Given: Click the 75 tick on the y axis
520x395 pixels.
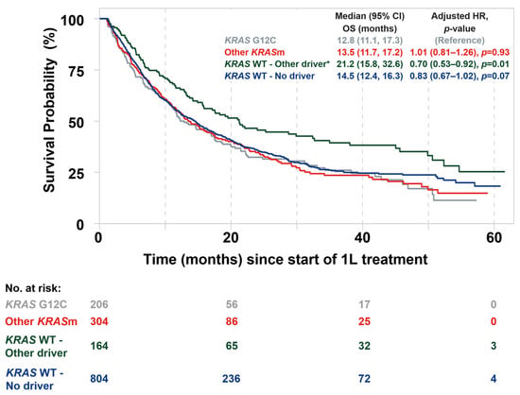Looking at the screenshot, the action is coord(76,71).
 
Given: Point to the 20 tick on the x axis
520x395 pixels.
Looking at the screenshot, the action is coord(231,238).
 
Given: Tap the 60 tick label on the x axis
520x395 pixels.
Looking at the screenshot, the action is coord(494,238).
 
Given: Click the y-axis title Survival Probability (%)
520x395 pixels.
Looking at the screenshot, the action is coord(50,110).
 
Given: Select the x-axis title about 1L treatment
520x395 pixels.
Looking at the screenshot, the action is coord(286,259).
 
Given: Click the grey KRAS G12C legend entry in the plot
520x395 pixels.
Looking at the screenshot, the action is coord(250,41).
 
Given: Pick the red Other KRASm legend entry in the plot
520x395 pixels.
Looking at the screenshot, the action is coord(254,52).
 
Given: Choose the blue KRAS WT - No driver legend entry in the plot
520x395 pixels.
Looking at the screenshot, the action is coord(269,76).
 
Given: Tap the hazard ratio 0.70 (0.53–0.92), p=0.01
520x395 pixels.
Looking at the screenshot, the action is coord(459,64).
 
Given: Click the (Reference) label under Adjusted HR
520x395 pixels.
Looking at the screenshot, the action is coord(459,41).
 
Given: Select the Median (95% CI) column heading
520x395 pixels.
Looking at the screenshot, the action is coord(370,16).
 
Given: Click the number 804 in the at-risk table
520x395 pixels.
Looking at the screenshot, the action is coord(99,378).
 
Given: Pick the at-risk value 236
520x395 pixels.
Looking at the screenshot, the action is coord(231,378).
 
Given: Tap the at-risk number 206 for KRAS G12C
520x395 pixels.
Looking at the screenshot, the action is coord(99,304).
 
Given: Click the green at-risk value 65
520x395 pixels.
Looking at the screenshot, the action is coord(232,346).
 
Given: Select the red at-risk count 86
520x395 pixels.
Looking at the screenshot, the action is coord(232,321).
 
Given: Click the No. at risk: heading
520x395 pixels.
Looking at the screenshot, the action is coord(33,288).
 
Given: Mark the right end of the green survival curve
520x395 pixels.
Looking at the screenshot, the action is coord(505,172).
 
